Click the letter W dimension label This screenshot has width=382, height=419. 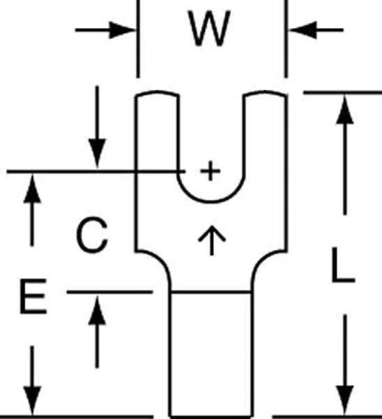209,29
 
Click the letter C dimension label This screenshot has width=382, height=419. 92,235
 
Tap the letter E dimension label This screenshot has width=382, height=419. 33,296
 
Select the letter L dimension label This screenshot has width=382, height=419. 344,265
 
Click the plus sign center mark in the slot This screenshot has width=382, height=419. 211,170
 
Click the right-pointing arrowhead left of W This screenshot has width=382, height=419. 121,30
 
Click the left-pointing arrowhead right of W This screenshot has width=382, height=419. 303,30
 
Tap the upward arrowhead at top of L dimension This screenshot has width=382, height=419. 345,110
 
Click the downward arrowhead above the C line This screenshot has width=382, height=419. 97,153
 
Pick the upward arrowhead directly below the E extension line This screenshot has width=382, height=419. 97,310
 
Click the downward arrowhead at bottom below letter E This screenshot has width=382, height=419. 32,401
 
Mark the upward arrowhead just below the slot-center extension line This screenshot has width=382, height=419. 32,189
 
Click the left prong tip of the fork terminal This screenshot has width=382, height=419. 157,93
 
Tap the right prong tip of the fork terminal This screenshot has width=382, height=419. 266,93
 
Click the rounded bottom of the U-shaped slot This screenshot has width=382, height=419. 211,202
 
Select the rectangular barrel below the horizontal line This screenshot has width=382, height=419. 211,355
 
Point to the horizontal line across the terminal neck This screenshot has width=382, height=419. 211,293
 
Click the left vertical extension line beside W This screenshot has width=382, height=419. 138,39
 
